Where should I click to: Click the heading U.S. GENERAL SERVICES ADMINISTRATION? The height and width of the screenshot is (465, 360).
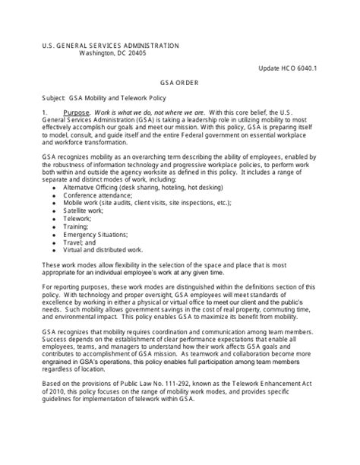(x=111, y=46)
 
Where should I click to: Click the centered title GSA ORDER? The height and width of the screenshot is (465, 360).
(x=179, y=85)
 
